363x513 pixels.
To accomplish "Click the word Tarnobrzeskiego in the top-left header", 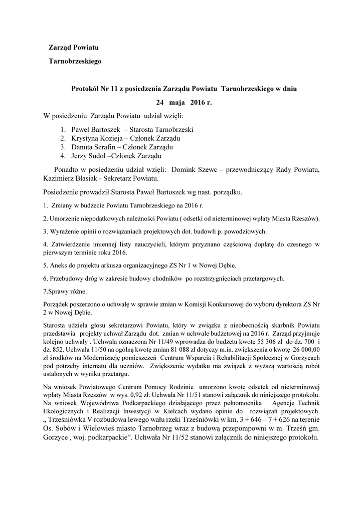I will tap(75, 62).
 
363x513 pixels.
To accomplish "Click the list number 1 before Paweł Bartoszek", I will tap(63, 129).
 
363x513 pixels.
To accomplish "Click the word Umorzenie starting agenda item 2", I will tap(64, 219).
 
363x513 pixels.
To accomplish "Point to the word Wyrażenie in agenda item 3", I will tap(63, 231).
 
